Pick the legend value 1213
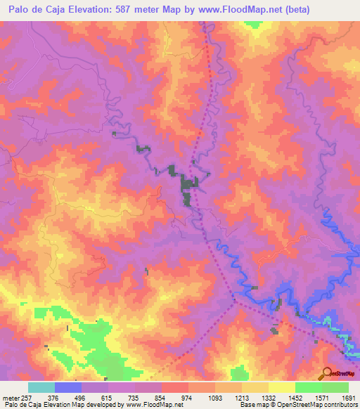[242, 397]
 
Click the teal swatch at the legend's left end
[41, 387]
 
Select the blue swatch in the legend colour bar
[68, 387]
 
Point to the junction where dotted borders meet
[234, 302]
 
